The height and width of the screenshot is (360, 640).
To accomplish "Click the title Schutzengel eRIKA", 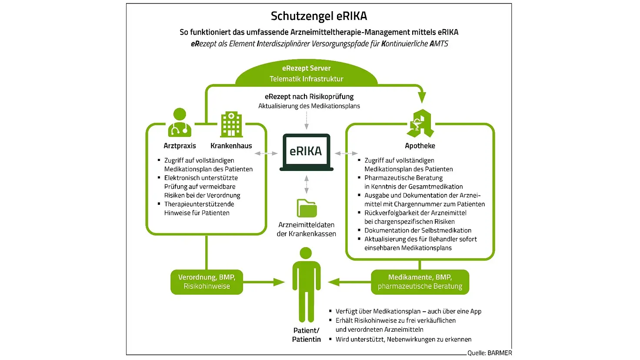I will pos(319,16).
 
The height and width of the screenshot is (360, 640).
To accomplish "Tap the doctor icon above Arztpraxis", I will pos(180,122).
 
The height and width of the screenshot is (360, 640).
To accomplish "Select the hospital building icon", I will pos(231,124).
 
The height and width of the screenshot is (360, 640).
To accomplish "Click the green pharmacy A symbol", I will pos(420,123).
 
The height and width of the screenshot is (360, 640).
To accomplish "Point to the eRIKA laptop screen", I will pos(306,151).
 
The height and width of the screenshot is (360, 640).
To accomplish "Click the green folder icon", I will pos(307,208).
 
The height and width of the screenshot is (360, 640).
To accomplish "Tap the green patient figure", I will pos(306,285).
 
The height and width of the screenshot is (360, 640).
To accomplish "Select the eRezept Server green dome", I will pos(306,73).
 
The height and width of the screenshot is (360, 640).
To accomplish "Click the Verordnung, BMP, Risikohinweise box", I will pos(207,282).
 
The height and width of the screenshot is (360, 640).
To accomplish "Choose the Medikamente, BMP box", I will pos(420,282).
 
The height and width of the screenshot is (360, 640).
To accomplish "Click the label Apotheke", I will pos(420,146).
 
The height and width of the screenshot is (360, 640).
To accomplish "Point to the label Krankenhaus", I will pos(231,146).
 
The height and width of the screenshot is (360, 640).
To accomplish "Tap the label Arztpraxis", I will pos(180,146).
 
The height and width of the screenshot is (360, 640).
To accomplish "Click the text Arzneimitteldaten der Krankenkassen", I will pos(307,229).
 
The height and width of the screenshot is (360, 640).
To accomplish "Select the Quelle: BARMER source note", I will pos(490,353).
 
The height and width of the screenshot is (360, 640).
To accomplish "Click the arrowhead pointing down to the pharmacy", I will pos(421,97).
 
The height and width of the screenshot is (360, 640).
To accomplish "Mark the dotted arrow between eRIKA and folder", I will pos(307,184).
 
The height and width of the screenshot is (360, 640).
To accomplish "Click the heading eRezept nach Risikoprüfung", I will pos(309,97).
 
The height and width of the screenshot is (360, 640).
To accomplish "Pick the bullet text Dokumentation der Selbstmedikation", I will pos(418,230).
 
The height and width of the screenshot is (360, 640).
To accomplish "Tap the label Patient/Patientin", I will pos(306,335).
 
